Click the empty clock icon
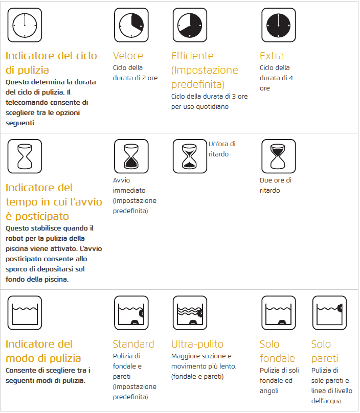tap(25, 25)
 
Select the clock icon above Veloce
tap(131, 25)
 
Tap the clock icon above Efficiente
tap(190, 25)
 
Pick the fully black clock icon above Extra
tap(278, 25)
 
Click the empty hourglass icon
tap(25, 156)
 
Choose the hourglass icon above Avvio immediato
tap(131, 156)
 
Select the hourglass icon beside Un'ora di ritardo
tap(190, 156)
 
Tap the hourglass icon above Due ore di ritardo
tap(278, 156)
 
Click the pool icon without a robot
tap(25, 312)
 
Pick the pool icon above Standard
tap(131, 312)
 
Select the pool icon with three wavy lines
tap(190, 312)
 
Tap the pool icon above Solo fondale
tap(278, 312)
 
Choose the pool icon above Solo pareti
tap(329, 312)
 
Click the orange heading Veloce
tap(128, 56)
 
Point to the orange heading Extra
tap(272, 56)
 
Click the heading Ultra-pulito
tap(197, 344)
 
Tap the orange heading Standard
tap(133, 344)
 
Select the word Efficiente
tap(192, 56)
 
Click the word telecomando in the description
tap(27, 102)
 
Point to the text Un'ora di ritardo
tap(222, 149)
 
